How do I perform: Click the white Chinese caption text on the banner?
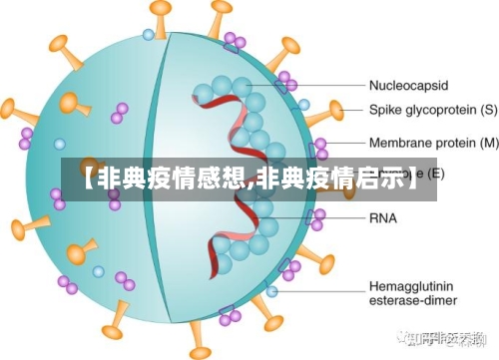[249, 180]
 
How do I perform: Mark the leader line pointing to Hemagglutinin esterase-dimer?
[319, 291]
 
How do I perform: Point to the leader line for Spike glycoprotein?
[339, 110]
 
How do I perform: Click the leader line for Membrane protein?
[344, 143]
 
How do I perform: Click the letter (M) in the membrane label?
[487, 143]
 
